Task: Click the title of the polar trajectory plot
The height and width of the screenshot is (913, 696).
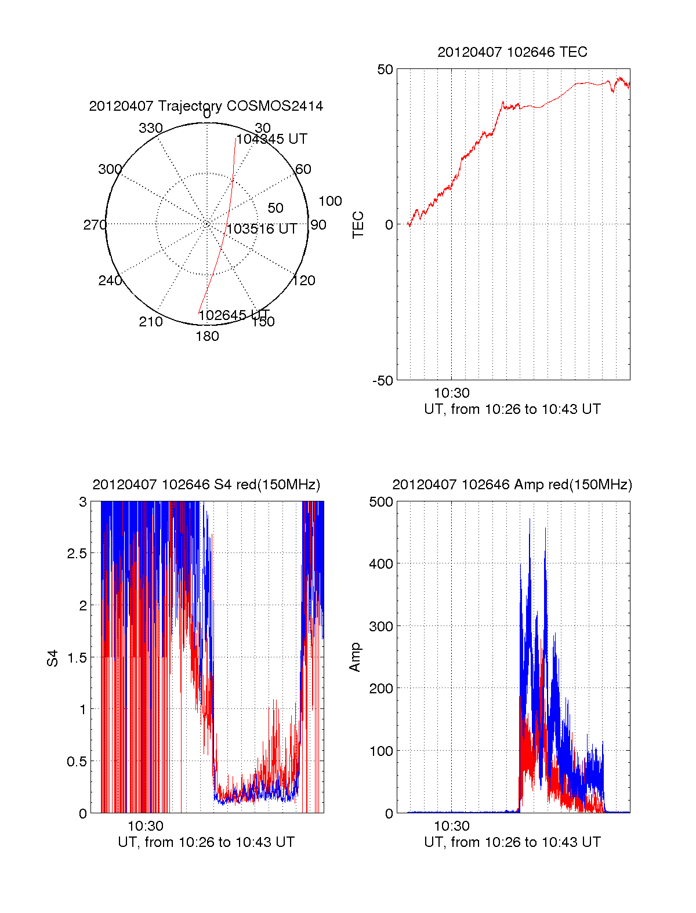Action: coord(206,106)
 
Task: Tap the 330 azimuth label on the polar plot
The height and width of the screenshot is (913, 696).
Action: coord(150,128)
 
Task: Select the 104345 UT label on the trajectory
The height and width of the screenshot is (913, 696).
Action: coord(271,139)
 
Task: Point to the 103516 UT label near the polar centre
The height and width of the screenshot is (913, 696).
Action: coord(262,229)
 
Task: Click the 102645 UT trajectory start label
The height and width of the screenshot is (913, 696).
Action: coord(234,315)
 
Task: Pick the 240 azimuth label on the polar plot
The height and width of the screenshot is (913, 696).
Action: coord(110,281)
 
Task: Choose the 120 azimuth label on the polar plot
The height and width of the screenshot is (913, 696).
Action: coord(304,281)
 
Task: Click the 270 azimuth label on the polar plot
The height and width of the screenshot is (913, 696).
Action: coord(95,225)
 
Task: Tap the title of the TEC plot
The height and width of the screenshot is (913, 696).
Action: coord(512,52)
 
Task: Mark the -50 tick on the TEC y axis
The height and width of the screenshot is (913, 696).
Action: coord(383,381)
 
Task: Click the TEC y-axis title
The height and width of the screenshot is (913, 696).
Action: coord(358,225)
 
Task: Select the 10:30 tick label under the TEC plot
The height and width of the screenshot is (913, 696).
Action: coord(452,394)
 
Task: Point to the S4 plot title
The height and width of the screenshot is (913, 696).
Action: coord(206,485)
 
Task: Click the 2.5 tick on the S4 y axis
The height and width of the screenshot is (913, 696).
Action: coord(77,554)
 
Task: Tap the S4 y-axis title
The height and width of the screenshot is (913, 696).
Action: coord(53,658)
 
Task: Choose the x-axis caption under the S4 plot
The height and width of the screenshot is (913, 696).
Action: coord(206,842)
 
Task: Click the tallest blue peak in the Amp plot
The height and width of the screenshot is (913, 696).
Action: coord(530,520)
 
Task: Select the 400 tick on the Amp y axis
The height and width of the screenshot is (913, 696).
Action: coord(381,563)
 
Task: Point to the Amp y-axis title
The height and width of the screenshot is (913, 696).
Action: coord(355,657)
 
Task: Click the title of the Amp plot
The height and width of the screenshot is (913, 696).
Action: coord(512,485)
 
